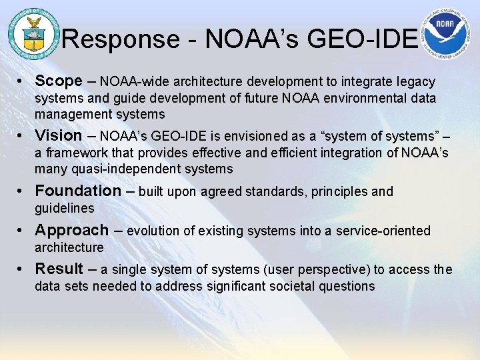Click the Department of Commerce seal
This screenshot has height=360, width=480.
pyautogui.click(x=31, y=32)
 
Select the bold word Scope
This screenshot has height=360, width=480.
pyautogui.click(x=59, y=81)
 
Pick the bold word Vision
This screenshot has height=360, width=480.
pyautogui.click(x=59, y=135)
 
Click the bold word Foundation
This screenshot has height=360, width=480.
pyautogui.click(x=78, y=191)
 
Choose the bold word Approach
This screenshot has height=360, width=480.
pyautogui.click(x=71, y=231)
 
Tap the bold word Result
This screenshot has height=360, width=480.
pyautogui.click(x=59, y=269)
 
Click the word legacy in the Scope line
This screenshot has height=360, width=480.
pyautogui.click(x=416, y=82)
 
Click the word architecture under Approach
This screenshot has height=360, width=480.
pyautogui.click(x=69, y=247)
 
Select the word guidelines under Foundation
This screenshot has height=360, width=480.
pyautogui.click(x=65, y=208)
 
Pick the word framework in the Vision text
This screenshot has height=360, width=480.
pyautogui.click(x=71, y=153)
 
